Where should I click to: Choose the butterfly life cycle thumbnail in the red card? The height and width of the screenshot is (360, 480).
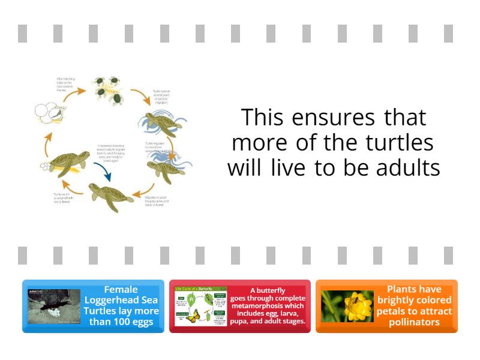click(200, 306)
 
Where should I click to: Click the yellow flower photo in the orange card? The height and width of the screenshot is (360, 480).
click(347, 306)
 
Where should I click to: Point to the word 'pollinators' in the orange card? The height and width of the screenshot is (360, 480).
click(415, 322)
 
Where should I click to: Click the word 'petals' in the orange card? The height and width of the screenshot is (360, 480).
click(392, 311)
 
